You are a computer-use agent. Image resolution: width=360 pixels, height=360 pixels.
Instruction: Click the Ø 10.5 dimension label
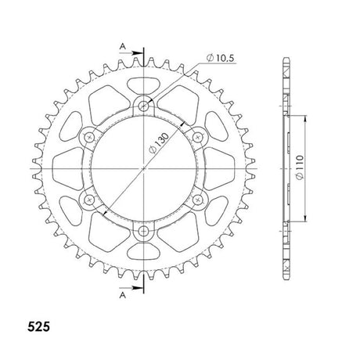tap(221, 58)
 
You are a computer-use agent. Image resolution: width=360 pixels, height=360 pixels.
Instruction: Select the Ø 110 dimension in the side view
tap(300, 167)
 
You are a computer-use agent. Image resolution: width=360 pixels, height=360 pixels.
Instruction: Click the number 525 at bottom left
tap(38, 327)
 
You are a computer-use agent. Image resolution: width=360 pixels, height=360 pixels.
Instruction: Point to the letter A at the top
tap(123, 47)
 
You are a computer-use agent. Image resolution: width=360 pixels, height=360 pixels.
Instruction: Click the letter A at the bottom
tap(123, 295)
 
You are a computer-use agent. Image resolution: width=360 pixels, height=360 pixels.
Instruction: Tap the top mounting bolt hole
tap(143, 106)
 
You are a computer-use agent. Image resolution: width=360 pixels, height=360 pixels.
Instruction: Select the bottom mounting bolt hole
tap(143, 231)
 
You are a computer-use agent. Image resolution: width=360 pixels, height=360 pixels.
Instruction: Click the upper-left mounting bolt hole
tap(89, 137)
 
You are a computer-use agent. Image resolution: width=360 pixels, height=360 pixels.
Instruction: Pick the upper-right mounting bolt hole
tap(198, 137)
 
